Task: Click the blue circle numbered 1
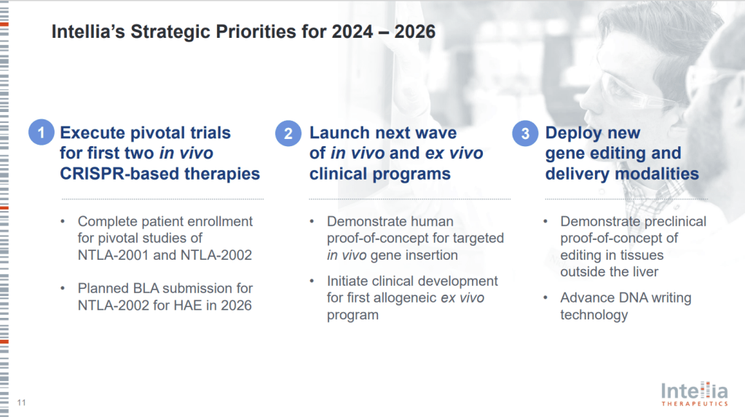pyautogui.click(x=42, y=132)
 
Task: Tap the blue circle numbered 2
pyautogui.click(x=288, y=133)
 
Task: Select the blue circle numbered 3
pyautogui.click(x=525, y=133)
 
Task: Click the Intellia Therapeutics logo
pyautogui.click(x=694, y=394)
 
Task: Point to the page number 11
pyautogui.click(x=21, y=402)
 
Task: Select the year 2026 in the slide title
pyautogui.click(x=415, y=32)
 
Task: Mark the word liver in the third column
pyautogui.click(x=645, y=272)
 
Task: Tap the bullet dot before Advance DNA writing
pyautogui.click(x=545, y=298)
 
